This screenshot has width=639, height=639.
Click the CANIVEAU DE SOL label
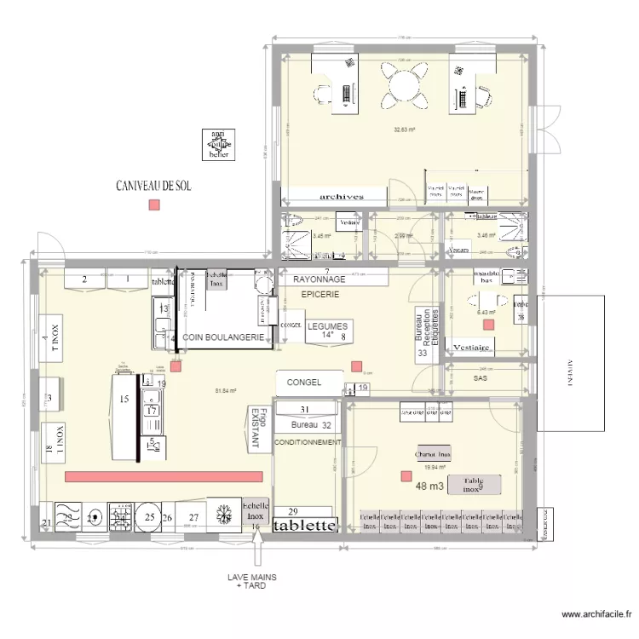click(153, 185)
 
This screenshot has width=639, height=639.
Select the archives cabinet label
click(342, 196)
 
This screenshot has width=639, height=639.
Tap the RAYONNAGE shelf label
click(319, 279)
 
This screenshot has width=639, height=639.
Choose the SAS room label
click(480, 377)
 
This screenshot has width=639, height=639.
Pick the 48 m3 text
click(430, 486)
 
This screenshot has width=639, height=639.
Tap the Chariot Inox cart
click(432, 454)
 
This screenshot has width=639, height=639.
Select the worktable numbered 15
click(124, 417)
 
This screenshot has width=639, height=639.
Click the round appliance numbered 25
click(149, 517)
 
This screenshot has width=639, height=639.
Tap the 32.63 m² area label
click(404, 130)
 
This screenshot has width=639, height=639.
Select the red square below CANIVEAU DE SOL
click(153, 204)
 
